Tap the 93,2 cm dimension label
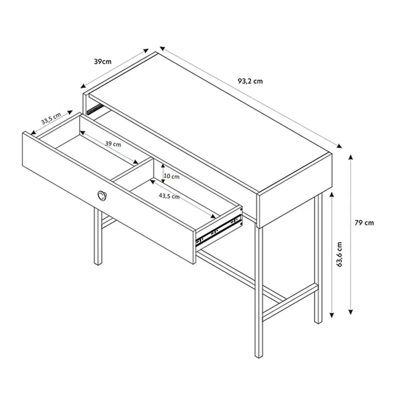pos(250,81)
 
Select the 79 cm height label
pos(364,223)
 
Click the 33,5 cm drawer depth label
pos(51,119)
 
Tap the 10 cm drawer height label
pos(171,177)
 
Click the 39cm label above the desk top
pos(103,62)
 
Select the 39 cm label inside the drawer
pos(113,144)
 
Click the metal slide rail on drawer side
pos(219,229)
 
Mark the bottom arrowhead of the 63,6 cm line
pos(332,315)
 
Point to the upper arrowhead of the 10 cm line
pos(163,166)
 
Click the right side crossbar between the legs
pos(290,303)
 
